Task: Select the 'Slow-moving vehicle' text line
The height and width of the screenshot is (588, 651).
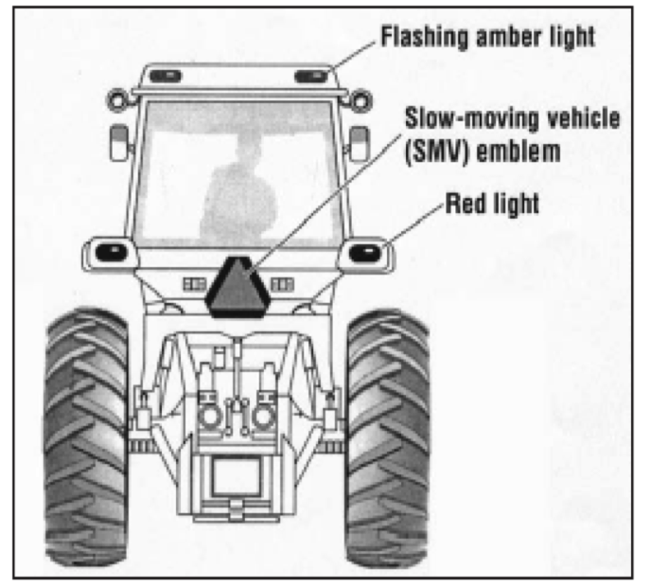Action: [x=513, y=119]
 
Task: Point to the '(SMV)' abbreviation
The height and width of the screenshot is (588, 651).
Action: [x=438, y=149]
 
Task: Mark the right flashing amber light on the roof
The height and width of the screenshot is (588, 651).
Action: [x=309, y=75]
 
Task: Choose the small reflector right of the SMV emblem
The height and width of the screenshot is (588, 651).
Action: [x=280, y=282]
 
